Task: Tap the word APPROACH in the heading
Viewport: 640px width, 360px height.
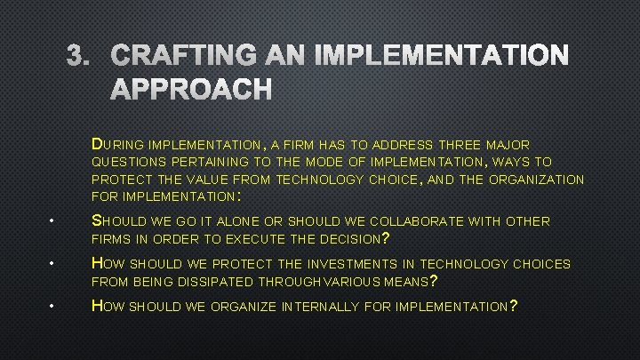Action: point(191,89)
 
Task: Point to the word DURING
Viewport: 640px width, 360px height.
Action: point(118,144)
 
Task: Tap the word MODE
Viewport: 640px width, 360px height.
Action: point(325,162)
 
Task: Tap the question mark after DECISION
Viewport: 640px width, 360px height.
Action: point(384,237)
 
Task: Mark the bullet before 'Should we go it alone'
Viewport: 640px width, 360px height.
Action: point(54,221)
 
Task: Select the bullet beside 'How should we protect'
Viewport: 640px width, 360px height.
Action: point(54,264)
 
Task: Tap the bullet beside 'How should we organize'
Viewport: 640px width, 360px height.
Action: point(54,307)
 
